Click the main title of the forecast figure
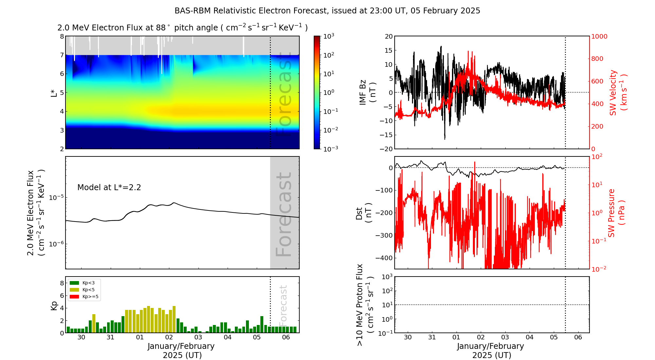point(327,11)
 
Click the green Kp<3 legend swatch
point(74,283)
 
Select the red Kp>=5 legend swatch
point(74,297)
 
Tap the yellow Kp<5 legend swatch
point(74,290)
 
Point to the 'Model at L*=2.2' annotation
point(109,188)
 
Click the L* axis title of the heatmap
point(54,93)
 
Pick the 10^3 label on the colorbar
point(328,36)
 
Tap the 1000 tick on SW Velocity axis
point(599,36)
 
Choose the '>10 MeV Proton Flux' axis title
point(365,305)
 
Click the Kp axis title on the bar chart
point(54,306)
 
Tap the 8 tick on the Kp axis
point(62,283)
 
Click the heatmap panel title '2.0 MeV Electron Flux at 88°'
point(182,28)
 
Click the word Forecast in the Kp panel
point(283,304)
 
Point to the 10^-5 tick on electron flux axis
point(56,198)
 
